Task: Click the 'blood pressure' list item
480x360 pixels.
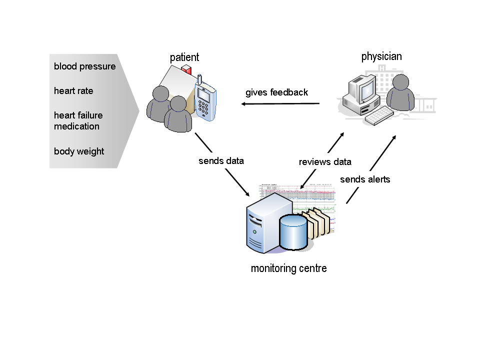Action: click(x=84, y=66)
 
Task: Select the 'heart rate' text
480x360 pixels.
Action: click(x=73, y=91)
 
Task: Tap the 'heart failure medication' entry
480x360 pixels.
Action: click(x=78, y=121)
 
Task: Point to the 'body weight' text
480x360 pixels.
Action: click(x=79, y=151)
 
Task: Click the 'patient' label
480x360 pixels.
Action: click(x=184, y=57)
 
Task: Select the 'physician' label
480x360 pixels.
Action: click(x=381, y=56)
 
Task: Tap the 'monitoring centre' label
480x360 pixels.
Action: click(x=288, y=268)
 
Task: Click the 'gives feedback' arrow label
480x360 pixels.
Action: click(x=276, y=92)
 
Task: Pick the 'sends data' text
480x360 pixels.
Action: click(x=221, y=161)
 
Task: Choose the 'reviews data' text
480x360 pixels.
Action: click(x=325, y=162)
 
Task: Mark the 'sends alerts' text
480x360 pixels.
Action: click(x=364, y=179)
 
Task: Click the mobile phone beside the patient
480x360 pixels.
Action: click(x=205, y=100)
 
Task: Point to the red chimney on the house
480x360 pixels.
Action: click(x=186, y=69)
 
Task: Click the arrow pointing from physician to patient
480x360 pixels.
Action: click(x=280, y=104)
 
